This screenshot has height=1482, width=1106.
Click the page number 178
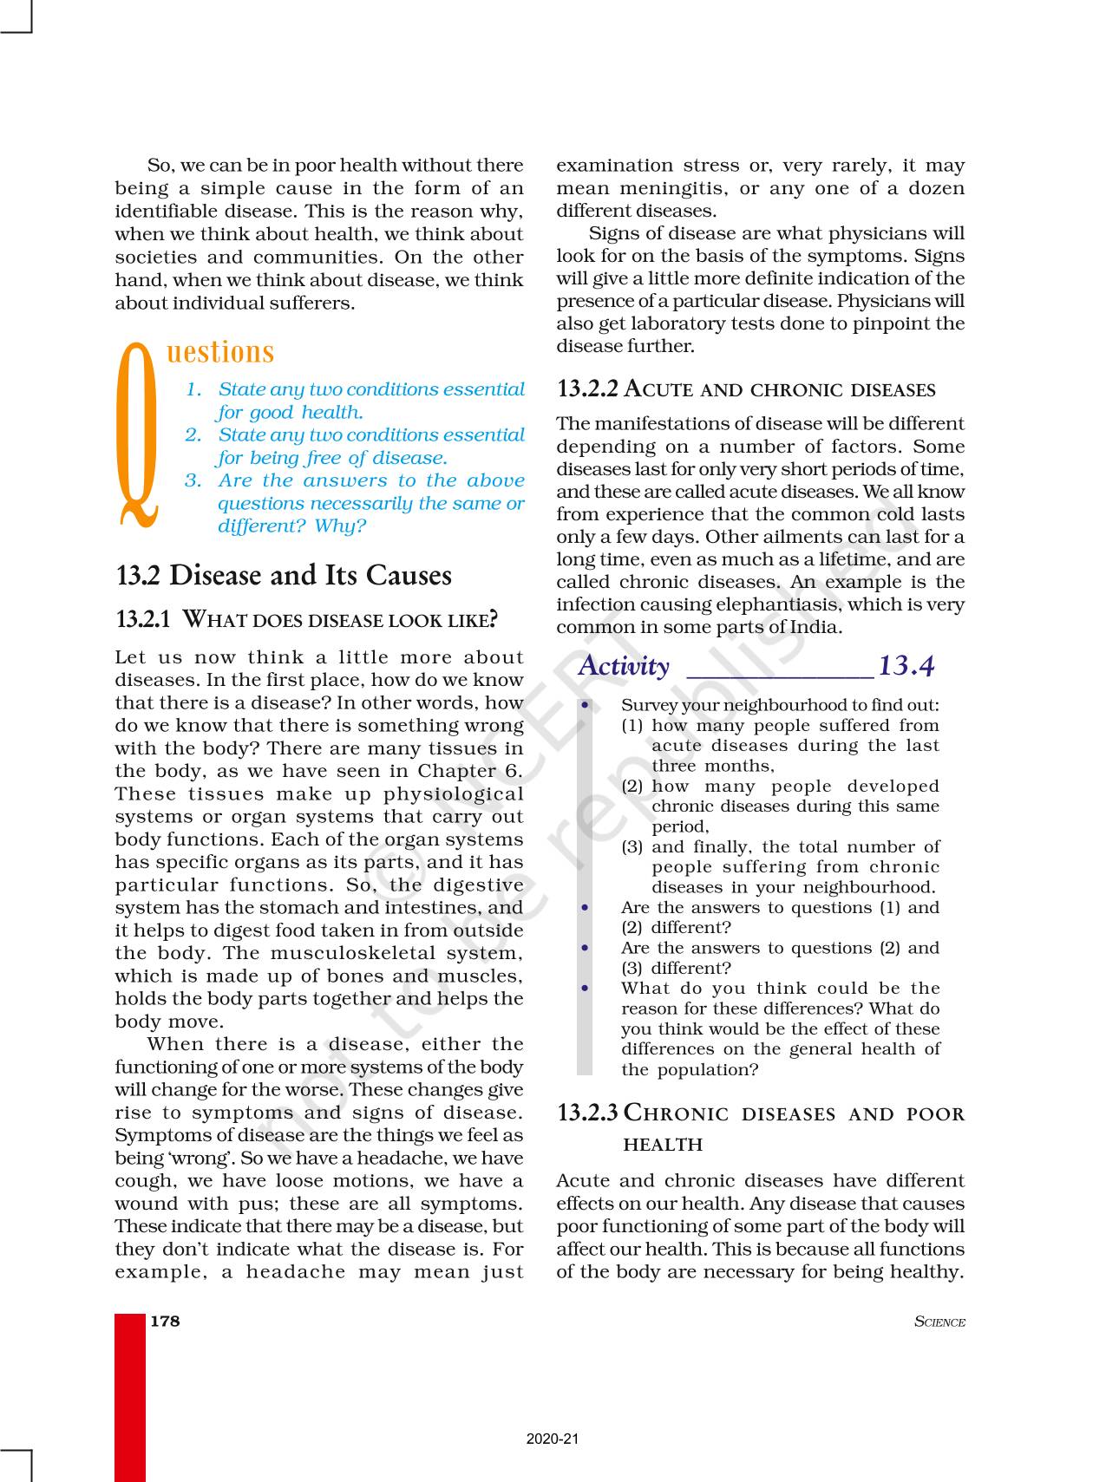coord(165,1321)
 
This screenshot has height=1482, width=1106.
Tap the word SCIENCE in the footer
coord(939,1322)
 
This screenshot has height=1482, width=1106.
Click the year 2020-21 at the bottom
coord(552,1439)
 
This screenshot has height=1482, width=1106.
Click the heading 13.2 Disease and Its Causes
coord(284,575)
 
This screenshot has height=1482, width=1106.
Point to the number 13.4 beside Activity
coord(906,666)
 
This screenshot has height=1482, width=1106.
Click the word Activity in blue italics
coord(624,666)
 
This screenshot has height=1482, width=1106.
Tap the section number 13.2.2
coord(587,389)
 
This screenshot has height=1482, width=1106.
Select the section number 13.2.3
coord(587,1113)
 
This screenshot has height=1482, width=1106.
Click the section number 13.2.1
coord(144,619)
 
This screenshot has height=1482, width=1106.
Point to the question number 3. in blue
coord(193,480)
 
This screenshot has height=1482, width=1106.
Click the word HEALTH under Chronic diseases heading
coord(663,1145)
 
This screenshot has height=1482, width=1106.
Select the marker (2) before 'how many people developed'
coord(632,787)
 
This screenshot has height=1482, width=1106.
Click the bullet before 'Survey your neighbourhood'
coord(586,706)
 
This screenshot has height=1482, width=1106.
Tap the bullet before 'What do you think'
coord(586,989)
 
